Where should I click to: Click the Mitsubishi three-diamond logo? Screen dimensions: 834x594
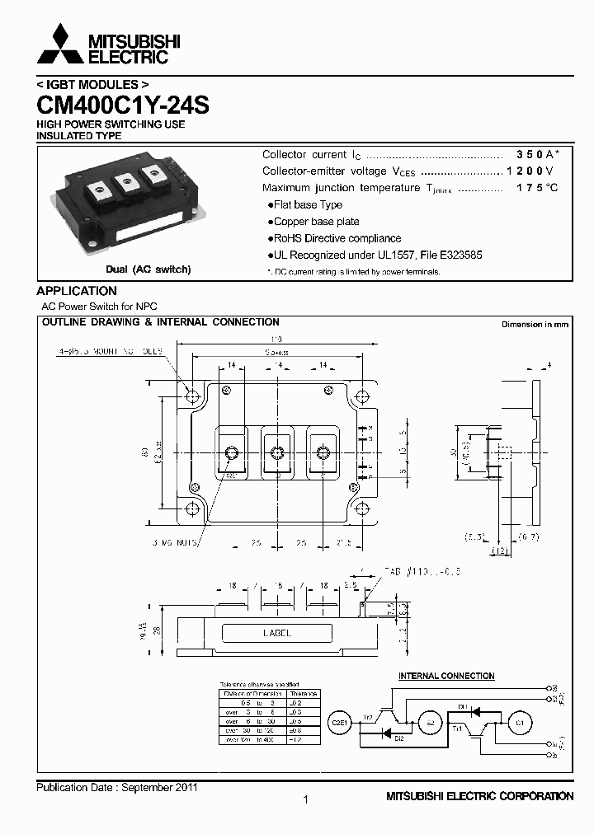click(x=59, y=45)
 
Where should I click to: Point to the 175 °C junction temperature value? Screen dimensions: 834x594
click(x=537, y=188)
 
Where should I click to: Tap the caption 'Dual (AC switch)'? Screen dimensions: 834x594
click(x=148, y=269)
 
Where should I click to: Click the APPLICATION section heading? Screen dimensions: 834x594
click(x=77, y=291)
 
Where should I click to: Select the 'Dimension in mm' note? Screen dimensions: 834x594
click(x=535, y=325)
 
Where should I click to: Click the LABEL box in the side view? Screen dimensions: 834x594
click(x=277, y=633)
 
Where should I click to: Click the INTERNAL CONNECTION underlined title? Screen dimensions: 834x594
click(x=446, y=676)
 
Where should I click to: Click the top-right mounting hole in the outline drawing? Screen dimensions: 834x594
click(x=361, y=396)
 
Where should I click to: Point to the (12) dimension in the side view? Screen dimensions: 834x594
click(x=500, y=551)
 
